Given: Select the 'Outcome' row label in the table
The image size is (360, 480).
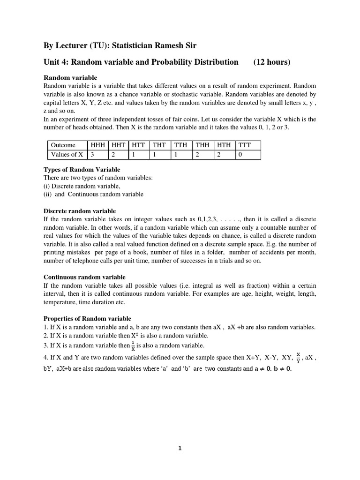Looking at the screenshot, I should point(63,145).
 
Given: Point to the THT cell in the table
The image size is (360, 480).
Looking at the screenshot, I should point(159,145).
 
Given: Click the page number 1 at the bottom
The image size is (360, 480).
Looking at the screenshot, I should point(180,448).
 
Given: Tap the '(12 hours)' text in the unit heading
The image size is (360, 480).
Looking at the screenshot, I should point(272,62).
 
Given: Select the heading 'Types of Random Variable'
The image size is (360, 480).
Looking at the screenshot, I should point(82,169).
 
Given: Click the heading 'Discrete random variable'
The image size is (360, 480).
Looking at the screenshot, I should point(80,211).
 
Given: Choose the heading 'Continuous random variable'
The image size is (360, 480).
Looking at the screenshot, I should point(84,277).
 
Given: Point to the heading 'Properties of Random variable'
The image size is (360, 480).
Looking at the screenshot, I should point(87,318).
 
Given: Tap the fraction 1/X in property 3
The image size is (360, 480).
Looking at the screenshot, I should point(133,346).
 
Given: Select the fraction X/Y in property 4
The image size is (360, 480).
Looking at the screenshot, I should point(298,359).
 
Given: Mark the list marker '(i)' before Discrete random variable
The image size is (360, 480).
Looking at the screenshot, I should point(46,186).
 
